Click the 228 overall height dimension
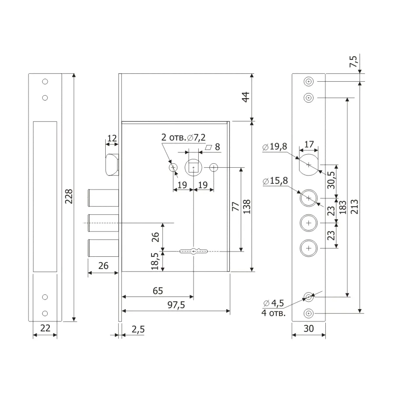[69, 196]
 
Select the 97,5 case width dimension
[176, 305]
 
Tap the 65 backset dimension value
[158, 291]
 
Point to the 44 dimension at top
[245, 97]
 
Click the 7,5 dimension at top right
[353, 61]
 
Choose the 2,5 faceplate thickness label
[138, 329]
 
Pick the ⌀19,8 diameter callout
[275, 146]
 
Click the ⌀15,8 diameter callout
[275, 181]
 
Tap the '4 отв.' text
[273, 313]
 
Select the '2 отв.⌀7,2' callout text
[183, 138]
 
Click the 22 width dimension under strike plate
[45, 328]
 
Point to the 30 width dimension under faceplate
[309, 328]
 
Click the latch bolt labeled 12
[112, 165]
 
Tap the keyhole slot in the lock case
[193, 251]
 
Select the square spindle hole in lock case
[193, 167]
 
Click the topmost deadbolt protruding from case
[103, 198]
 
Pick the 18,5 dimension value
[155, 261]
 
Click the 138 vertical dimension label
[247, 207]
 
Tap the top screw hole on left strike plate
[45, 82]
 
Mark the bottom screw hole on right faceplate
[309, 313]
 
